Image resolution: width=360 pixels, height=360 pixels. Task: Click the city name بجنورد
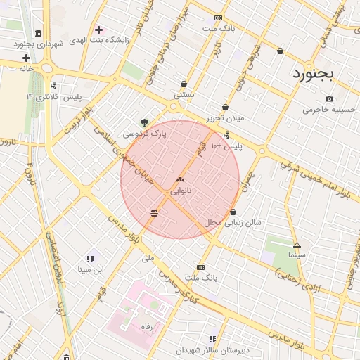316,72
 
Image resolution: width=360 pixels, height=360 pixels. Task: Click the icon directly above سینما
297,245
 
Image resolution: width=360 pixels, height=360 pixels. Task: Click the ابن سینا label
90,269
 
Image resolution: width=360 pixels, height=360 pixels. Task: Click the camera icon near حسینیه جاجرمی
349,98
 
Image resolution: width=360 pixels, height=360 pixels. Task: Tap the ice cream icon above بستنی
184,84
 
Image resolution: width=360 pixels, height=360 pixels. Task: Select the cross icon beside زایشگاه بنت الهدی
98,30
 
